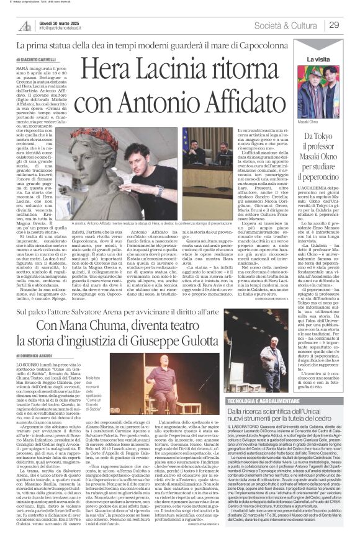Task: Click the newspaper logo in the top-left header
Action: pos(25,25)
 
